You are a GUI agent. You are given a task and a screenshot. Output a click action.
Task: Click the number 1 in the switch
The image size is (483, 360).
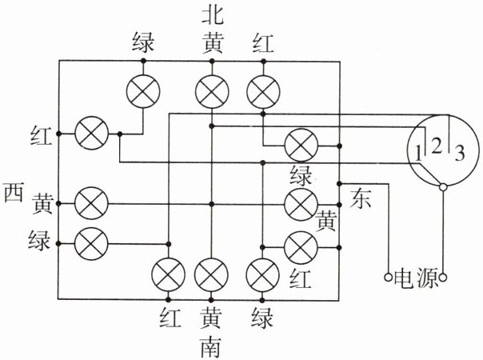(x=417, y=154)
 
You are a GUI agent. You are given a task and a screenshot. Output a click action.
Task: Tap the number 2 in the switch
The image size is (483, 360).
(x=436, y=146)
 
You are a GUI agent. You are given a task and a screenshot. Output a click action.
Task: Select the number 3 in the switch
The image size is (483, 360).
(x=460, y=153)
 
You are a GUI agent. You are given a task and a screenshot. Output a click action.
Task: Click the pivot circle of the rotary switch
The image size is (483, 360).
(x=443, y=187)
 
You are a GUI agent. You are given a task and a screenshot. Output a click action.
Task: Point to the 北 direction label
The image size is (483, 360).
(x=212, y=15)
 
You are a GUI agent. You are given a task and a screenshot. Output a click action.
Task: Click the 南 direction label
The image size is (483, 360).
(x=211, y=347)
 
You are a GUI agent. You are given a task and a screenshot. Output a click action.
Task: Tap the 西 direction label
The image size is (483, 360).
(x=14, y=192)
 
